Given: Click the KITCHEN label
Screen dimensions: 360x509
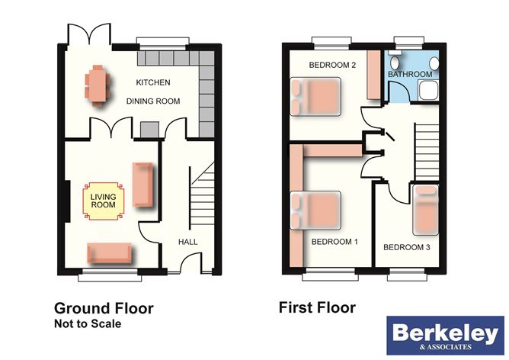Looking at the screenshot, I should tap(153, 82).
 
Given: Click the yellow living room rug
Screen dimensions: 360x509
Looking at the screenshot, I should tap(103, 201).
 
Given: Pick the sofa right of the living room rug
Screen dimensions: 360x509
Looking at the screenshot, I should tap(143, 185).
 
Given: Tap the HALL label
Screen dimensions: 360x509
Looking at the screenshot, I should tap(187, 241).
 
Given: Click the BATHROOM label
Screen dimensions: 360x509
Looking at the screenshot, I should tap(410, 74).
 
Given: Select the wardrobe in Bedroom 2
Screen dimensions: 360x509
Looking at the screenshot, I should tap(373, 76).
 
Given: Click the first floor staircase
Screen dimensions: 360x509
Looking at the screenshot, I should tap(426, 149).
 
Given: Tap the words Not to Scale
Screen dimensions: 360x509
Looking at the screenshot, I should tap(88, 324).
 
